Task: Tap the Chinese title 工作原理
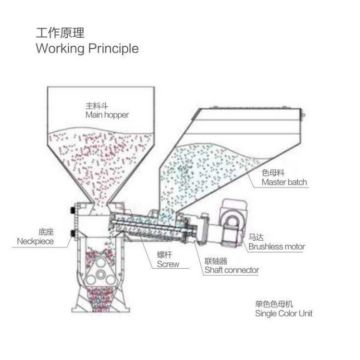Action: coord(54,32)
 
